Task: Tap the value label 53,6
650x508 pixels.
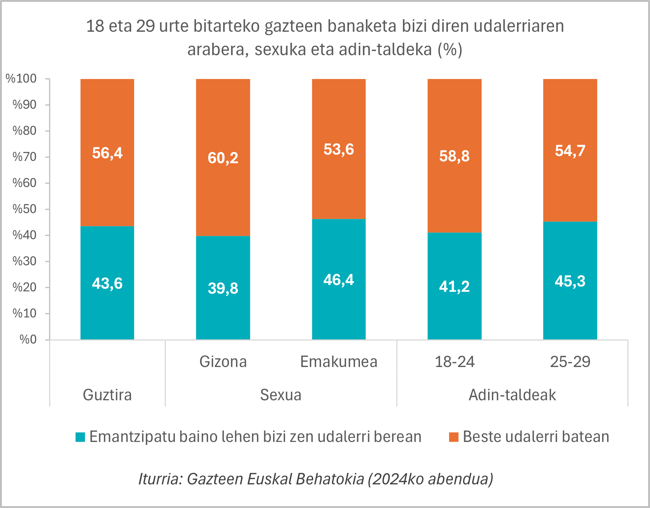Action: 338,150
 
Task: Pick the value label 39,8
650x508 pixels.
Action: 223,288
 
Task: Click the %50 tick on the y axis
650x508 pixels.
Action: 25,209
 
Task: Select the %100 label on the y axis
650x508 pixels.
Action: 21,79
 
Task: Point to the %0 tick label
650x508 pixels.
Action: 28,339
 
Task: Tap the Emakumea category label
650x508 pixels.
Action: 339,362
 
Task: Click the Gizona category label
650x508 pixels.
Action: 223,362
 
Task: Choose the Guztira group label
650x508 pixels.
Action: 107,395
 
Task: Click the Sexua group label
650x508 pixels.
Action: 281,395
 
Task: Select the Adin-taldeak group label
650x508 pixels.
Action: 512,395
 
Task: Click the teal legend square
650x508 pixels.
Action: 80,437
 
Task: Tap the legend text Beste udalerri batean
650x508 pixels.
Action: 536,437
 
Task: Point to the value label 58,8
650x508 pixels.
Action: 454,156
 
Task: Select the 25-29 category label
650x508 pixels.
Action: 570,362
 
